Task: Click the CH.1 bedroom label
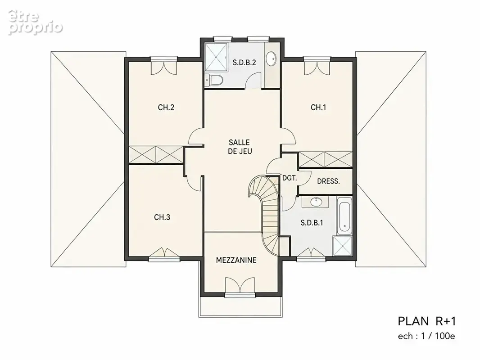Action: point(318,108)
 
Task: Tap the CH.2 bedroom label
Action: point(166,108)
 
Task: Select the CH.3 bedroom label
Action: point(162,217)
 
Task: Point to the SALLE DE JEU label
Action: point(240,147)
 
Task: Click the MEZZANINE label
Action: point(236,260)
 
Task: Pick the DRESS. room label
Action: point(328,181)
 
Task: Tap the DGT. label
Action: point(290,178)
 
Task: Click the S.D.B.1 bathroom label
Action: point(312,223)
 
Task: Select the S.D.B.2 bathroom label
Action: point(245,63)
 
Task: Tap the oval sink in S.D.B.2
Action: point(271,58)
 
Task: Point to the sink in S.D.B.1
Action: point(316,202)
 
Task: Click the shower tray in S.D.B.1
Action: point(343,246)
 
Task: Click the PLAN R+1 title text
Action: point(427,321)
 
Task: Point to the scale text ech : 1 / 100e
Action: point(426,336)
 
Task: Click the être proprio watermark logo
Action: point(35,22)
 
